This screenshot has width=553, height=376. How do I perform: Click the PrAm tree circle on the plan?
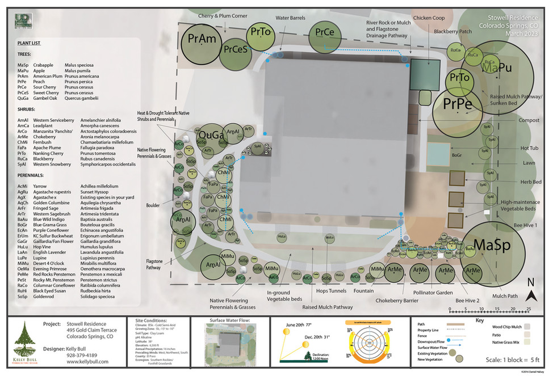coord(202,40)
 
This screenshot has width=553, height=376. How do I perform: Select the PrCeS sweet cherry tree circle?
coord(234,50)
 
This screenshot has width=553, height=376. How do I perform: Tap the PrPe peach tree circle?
coord(458,104)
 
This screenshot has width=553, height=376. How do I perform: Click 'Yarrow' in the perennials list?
coord(40,186)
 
